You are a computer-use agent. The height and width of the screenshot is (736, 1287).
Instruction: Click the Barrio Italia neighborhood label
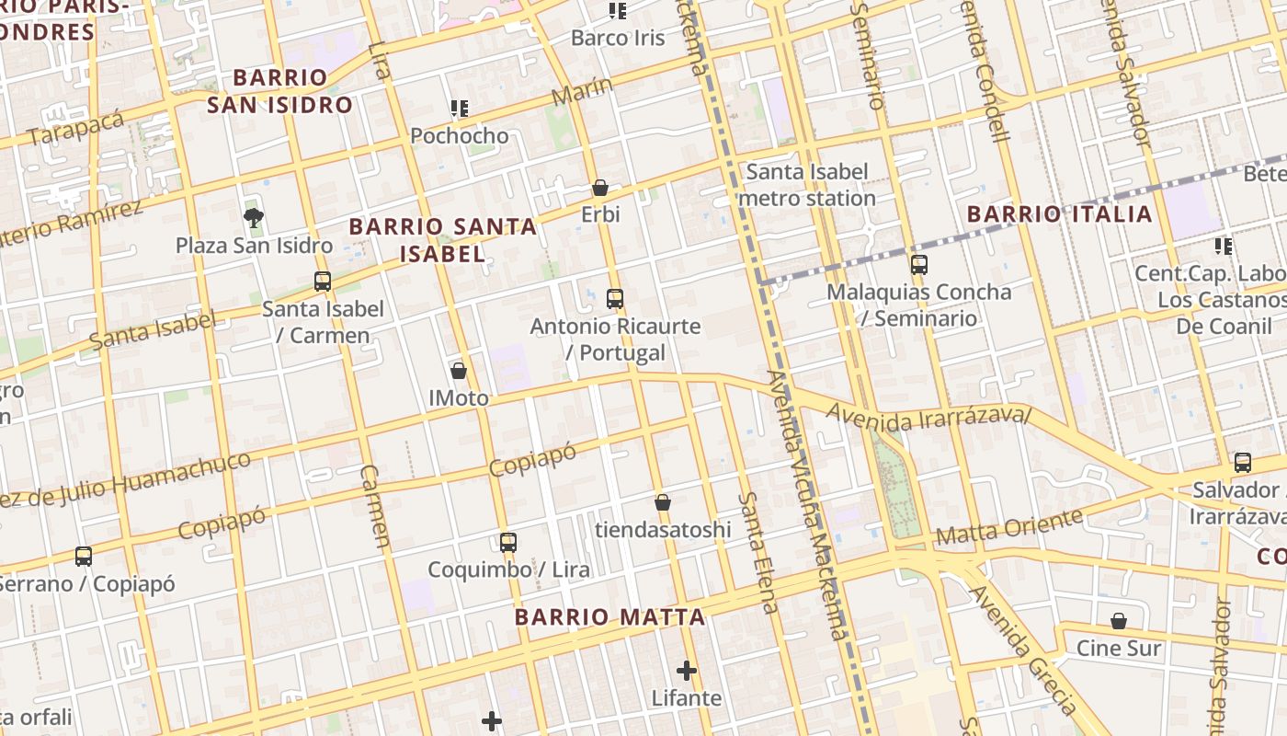pos(1059,214)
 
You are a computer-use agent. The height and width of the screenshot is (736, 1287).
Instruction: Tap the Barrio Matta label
pos(609,617)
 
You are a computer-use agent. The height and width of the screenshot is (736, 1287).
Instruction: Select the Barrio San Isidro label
pos(279,91)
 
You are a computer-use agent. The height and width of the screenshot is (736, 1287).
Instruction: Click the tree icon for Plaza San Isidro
pos(253,218)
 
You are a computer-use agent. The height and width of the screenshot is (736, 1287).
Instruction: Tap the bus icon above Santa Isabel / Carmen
pos(323,282)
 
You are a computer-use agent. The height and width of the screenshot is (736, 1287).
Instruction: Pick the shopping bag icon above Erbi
pos(600,188)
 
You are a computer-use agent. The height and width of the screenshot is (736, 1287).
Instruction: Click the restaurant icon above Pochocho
pos(460,109)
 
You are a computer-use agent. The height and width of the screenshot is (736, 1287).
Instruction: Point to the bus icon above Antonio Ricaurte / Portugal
pos(615,299)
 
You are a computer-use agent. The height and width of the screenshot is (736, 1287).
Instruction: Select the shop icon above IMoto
pos(459,371)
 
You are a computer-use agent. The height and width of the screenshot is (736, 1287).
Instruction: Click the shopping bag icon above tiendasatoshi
pos(663,502)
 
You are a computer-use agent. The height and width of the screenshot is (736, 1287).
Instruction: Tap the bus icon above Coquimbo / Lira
pos(508,543)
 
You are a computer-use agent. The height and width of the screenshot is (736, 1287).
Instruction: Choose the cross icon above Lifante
pos(687,671)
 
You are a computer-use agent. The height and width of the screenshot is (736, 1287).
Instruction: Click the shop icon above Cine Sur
pos(1119,621)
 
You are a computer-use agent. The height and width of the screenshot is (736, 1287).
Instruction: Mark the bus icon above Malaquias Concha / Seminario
pos(918,265)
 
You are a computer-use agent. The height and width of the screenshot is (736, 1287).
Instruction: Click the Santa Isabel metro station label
pos(806,185)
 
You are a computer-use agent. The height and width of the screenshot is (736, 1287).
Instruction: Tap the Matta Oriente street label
pos(1008,527)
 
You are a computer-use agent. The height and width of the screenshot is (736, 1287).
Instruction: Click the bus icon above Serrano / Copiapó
pos(84,556)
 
